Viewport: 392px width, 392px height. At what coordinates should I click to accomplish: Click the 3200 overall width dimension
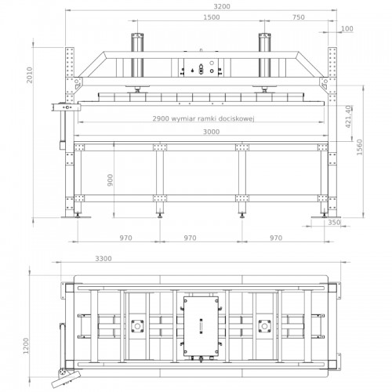(222, 6)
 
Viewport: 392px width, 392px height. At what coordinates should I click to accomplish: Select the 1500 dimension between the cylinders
(212, 17)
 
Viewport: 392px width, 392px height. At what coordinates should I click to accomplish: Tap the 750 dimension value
(299, 17)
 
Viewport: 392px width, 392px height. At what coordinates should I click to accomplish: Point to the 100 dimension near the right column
(347, 28)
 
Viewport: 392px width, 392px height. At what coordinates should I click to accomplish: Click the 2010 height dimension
(30, 75)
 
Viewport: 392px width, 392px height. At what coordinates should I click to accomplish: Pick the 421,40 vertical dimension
(348, 117)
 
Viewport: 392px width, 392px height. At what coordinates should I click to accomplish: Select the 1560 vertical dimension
(360, 147)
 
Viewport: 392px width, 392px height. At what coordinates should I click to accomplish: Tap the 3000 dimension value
(212, 132)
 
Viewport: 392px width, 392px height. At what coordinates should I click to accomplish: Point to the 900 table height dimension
(111, 180)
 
